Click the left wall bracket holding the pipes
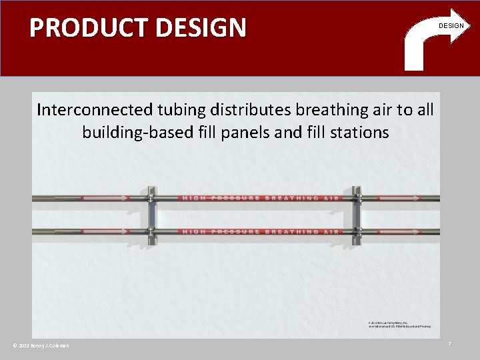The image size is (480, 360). [152, 215]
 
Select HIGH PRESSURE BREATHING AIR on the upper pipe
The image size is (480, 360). [260, 198]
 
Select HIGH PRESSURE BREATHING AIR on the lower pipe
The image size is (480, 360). [260, 231]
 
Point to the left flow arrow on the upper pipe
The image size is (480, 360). [103, 198]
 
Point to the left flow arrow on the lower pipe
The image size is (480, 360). [103, 231]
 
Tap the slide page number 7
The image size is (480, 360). [449, 343]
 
